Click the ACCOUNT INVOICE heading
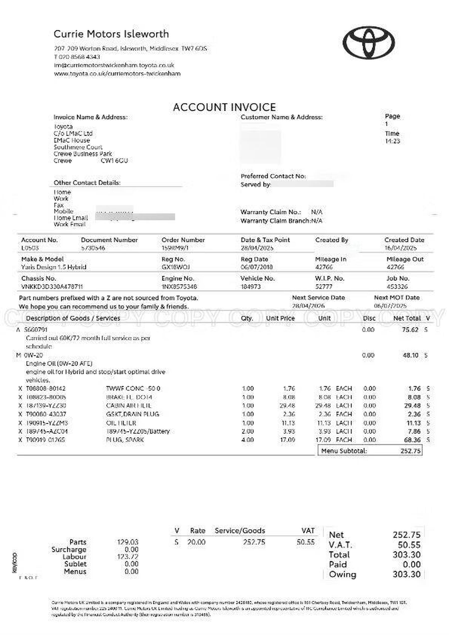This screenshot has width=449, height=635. (x=224, y=107)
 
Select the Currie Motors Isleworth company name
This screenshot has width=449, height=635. (x=111, y=34)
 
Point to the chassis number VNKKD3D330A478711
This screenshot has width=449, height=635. (x=52, y=287)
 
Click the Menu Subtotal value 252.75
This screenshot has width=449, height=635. (x=410, y=451)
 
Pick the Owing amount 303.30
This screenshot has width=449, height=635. (x=406, y=574)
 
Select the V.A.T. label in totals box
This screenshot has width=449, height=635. (x=340, y=545)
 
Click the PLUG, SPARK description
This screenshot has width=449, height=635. (x=125, y=440)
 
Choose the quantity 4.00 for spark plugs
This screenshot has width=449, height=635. (x=248, y=440)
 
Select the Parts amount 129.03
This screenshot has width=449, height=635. (x=128, y=542)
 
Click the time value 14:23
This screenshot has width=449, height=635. (x=392, y=141)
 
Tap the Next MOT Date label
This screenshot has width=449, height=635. (x=397, y=298)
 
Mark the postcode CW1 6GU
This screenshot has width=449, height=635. (x=114, y=161)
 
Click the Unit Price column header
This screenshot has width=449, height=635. (x=280, y=318)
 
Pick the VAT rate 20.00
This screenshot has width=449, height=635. (x=196, y=542)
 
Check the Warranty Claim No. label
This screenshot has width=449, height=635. (x=271, y=212)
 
